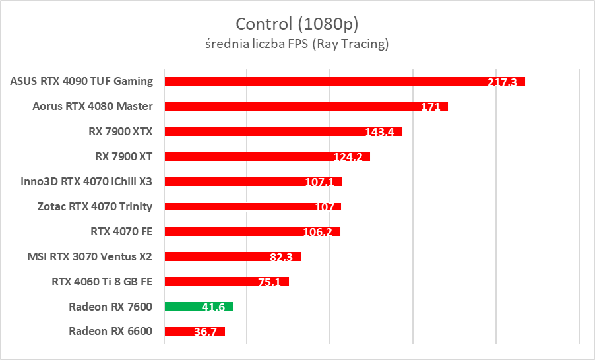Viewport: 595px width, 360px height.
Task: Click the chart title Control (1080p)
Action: tap(297, 24)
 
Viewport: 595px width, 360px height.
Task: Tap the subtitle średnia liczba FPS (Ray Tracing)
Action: tap(297, 45)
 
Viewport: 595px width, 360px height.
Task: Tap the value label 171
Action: tap(430, 107)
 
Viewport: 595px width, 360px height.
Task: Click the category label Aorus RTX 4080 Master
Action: tap(92, 107)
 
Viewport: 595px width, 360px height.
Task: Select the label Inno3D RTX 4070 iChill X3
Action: tap(86, 181)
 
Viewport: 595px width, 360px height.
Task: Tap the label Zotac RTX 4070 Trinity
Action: tap(95, 206)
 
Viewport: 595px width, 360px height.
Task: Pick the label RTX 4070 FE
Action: tap(121, 231)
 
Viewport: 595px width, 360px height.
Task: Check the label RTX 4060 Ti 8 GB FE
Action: tap(102, 282)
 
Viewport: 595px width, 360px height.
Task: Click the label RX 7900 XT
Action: tap(124, 156)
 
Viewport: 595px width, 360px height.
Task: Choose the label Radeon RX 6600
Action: tap(110, 331)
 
